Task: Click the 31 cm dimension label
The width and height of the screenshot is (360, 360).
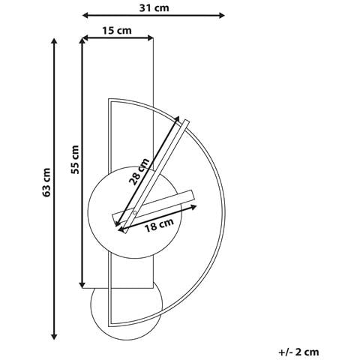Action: pos(154,8)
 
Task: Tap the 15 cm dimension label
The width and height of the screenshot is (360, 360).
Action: pos(117,31)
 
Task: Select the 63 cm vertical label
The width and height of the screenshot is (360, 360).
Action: pos(46,182)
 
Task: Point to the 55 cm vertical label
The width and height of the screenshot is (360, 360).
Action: pos(75,160)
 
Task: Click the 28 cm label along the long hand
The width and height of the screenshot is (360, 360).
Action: pos(139,171)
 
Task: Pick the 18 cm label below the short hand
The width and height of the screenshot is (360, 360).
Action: pos(159,225)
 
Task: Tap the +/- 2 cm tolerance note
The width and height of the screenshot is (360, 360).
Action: pos(298,352)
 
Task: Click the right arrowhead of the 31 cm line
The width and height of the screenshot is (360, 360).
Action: pos(221,16)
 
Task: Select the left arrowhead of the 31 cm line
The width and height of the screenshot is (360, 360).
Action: pos(85,16)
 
